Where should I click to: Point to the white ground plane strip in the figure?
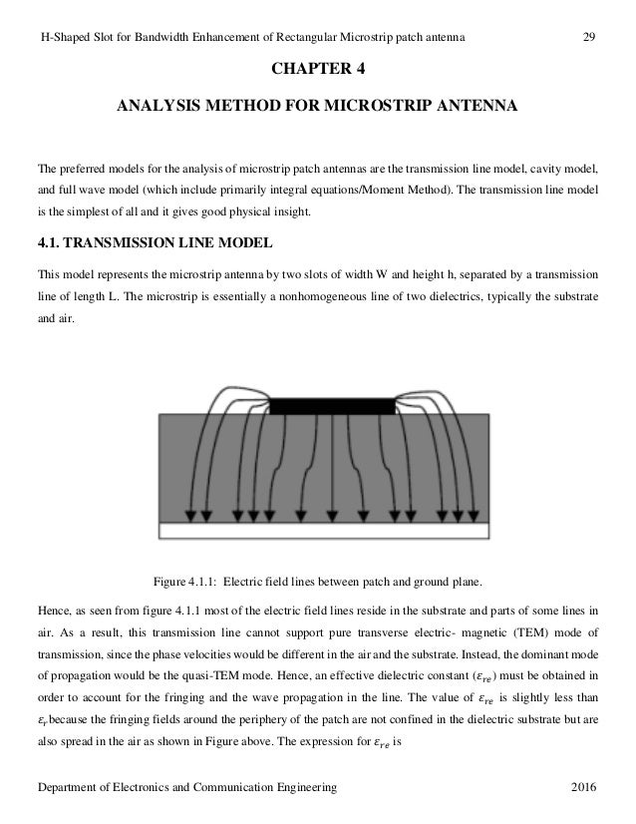coord(324,530)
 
